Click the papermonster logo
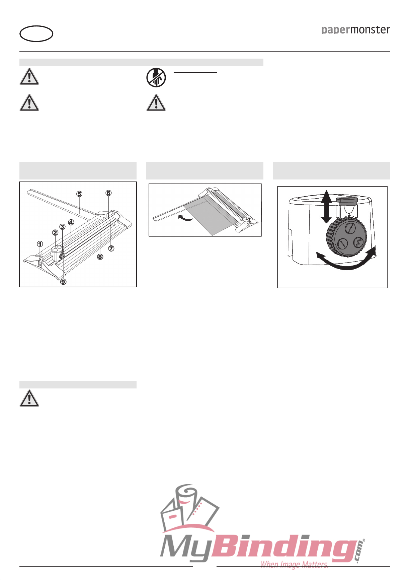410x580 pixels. [356, 30]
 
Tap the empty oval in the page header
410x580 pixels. [36, 34]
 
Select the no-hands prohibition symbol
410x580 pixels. [156, 78]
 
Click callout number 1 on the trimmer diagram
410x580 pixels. [40, 244]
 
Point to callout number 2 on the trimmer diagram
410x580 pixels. [55, 232]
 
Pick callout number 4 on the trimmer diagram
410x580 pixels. [71, 222]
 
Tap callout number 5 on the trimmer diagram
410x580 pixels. [79, 194]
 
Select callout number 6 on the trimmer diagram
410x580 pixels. [108, 193]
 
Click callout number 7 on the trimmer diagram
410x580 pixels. [111, 248]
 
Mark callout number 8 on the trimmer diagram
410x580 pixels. [100, 257]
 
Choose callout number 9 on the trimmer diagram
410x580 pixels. [63, 282]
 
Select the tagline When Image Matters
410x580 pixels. [294, 565]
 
